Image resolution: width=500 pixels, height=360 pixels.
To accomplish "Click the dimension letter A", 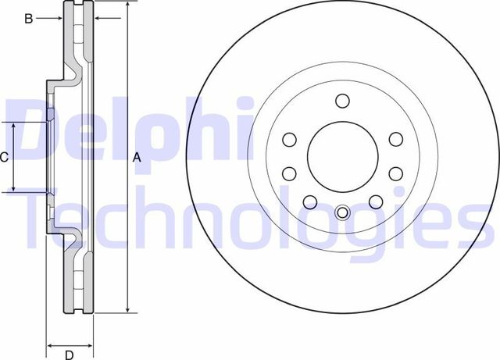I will (x=137, y=158).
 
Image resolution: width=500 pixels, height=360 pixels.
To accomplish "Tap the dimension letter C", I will (x=5, y=158).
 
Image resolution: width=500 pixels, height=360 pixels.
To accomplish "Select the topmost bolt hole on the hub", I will (x=341, y=100).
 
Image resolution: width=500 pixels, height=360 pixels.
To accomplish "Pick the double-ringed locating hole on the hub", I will (x=341, y=212).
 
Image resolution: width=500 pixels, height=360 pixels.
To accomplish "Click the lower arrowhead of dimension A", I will (x=127, y=311).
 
